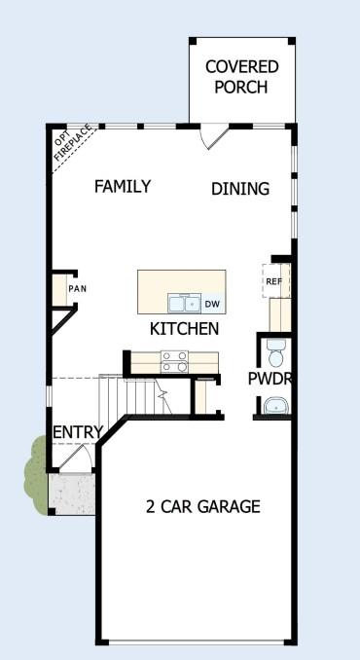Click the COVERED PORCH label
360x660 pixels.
point(241,76)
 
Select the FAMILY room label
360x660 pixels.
point(122,186)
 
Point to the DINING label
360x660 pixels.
point(240,189)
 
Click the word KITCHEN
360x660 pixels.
point(184,329)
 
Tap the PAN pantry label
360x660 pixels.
point(76,289)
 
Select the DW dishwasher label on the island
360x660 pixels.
point(212,304)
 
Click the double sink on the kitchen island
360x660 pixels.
point(183,302)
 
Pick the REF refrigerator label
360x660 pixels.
point(273,281)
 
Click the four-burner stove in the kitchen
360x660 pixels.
point(174,361)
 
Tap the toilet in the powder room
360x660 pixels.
point(274,348)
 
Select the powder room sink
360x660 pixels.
point(276,406)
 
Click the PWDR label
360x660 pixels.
point(270,378)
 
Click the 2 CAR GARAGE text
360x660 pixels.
point(202,506)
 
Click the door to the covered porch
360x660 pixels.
point(214,137)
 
